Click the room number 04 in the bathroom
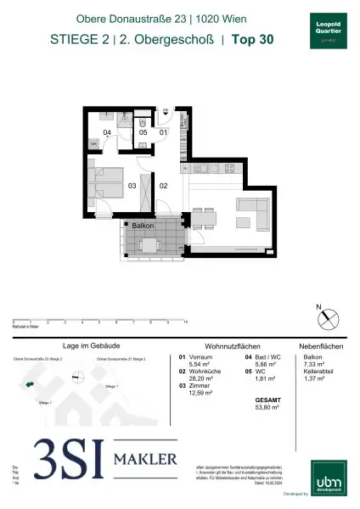[x=108, y=133]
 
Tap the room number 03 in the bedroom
[x=132, y=184]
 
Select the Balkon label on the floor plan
[x=142, y=227]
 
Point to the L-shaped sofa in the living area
[x=256, y=212]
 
